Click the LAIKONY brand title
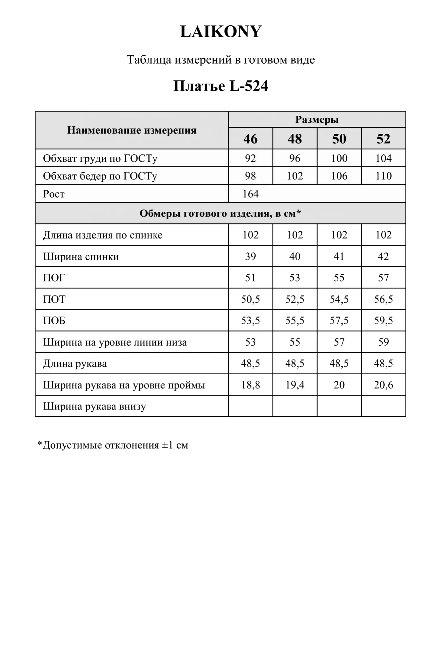221,32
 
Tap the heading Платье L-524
221,86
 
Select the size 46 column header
250,139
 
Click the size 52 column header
383,139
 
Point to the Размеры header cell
317,119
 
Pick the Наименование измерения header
132,130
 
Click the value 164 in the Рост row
250,194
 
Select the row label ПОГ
54,278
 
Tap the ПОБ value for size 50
339,320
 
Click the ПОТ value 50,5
250,299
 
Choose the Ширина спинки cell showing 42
383,256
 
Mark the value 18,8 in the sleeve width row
250,385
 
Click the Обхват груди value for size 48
295,158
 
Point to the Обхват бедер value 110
383,176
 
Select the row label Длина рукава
75,364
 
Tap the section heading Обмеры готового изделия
220,213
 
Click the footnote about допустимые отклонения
113,445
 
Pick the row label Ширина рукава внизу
94,406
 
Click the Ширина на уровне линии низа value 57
339,342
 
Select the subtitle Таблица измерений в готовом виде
221,60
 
